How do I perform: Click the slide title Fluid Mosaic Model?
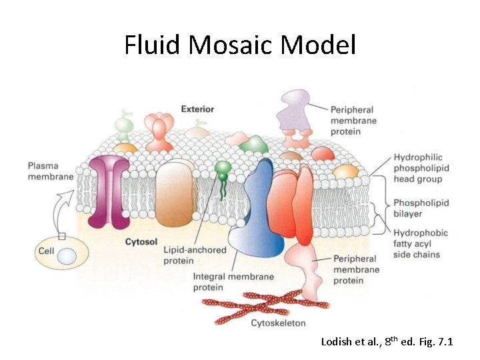(240, 45)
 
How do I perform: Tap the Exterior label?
(197, 109)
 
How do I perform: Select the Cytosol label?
(141, 242)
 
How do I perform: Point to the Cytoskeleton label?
(278, 323)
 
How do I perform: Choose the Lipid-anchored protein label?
(195, 255)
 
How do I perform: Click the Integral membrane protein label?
(224, 282)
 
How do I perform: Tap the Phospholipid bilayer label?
(421, 208)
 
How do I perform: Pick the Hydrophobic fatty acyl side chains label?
(421, 244)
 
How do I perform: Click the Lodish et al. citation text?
(387, 342)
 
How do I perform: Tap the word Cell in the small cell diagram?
(46, 251)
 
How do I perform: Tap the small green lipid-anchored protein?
(223, 169)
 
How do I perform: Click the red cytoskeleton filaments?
(267, 303)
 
